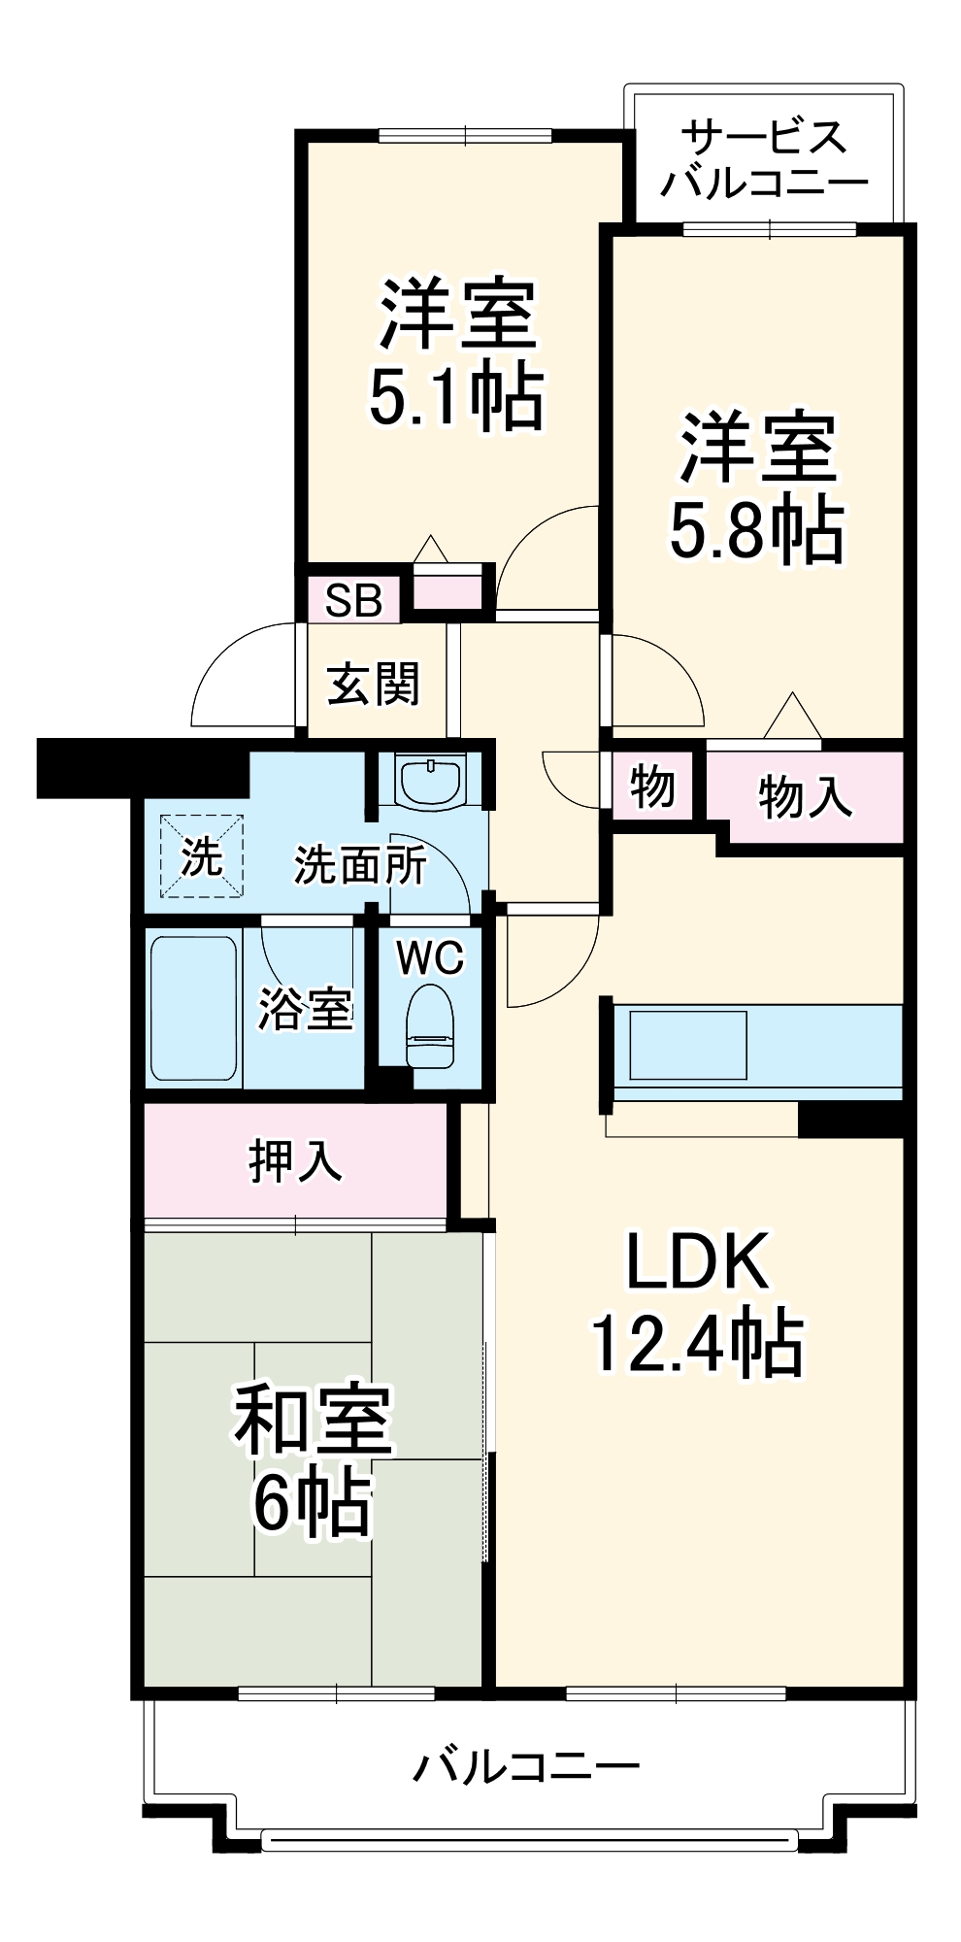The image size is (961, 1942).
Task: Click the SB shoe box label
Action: coord(353,601)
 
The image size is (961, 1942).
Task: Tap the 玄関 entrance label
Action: coord(374,685)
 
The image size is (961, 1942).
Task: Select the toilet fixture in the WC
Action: coord(429,1026)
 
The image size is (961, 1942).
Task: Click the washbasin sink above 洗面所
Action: coord(431,783)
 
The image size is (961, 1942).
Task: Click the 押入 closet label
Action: coord(295,1160)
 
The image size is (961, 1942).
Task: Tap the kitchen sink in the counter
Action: coord(688,1045)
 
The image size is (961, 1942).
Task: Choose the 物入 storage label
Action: coord(805,797)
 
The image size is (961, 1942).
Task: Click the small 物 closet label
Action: coord(651,786)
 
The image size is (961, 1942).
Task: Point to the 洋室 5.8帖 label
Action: coord(756,488)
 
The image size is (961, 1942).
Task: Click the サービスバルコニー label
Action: coord(764,159)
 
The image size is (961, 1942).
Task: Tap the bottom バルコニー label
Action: coord(527,1766)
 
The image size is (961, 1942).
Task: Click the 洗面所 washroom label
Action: coord(360,865)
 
